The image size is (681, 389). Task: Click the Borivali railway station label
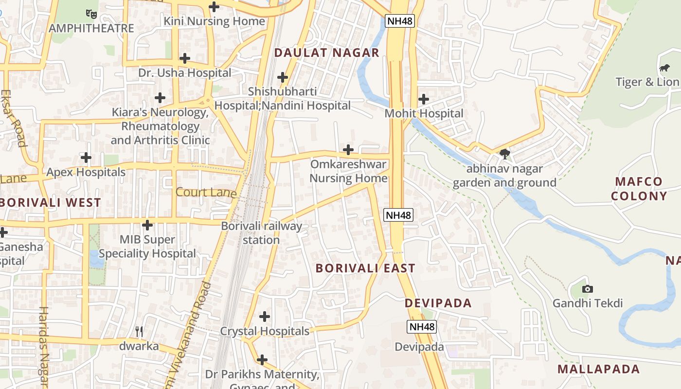tap(262, 233)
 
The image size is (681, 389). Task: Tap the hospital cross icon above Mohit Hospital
tap(424, 99)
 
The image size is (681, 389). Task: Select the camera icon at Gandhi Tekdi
tap(587, 289)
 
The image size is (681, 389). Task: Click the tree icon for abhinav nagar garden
tap(505, 155)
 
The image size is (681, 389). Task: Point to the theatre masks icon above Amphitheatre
tap(91, 14)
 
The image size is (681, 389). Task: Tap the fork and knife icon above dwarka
tap(139, 332)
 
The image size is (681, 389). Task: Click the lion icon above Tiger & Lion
tap(663, 68)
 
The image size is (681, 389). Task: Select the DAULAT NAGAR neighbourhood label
tap(326, 53)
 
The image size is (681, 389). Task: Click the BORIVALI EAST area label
tap(365, 268)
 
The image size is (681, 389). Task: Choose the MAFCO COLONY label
tap(639, 189)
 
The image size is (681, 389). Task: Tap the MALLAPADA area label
tap(598, 369)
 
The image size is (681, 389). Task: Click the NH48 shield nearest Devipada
tap(422, 327)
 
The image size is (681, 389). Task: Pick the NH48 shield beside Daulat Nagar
tap(399, 20)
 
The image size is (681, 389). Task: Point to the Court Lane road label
tap(206, 193)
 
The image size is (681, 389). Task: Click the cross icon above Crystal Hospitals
tap(265, 317)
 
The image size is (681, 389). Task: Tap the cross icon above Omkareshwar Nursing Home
tap(348, 150)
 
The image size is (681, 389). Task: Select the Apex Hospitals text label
tap(86, 172)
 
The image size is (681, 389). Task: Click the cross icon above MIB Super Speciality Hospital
tap(147, 225)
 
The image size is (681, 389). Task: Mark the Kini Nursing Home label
tap(214, 21)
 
